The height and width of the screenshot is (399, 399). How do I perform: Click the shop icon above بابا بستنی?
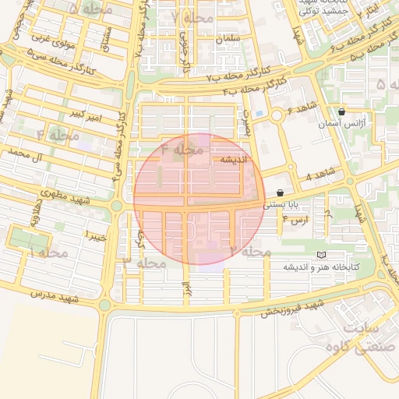coord(280,192)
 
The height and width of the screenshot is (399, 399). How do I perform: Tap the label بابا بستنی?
coord(280,205)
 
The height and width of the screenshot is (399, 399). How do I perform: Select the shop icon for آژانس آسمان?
coord(341,112)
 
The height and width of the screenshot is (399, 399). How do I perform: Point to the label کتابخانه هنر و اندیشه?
coord(321,267)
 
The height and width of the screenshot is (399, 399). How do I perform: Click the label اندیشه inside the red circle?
coord(233,159)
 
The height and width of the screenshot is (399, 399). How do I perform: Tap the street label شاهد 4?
coord(320,173)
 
